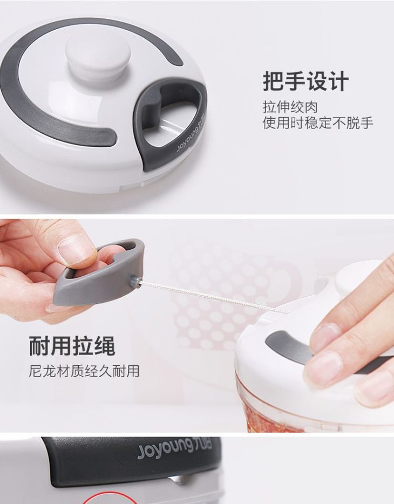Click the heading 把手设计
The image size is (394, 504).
tap(305, 81)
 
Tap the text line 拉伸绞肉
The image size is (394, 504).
tap(290, 107)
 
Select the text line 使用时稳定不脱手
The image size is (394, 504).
tap(318, 123)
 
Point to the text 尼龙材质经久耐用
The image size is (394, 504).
tap(84, 371)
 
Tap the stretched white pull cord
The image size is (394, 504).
tap(213, 297)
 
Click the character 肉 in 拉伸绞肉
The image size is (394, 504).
tap(310, 107)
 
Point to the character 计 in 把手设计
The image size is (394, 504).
tap(338, 81)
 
